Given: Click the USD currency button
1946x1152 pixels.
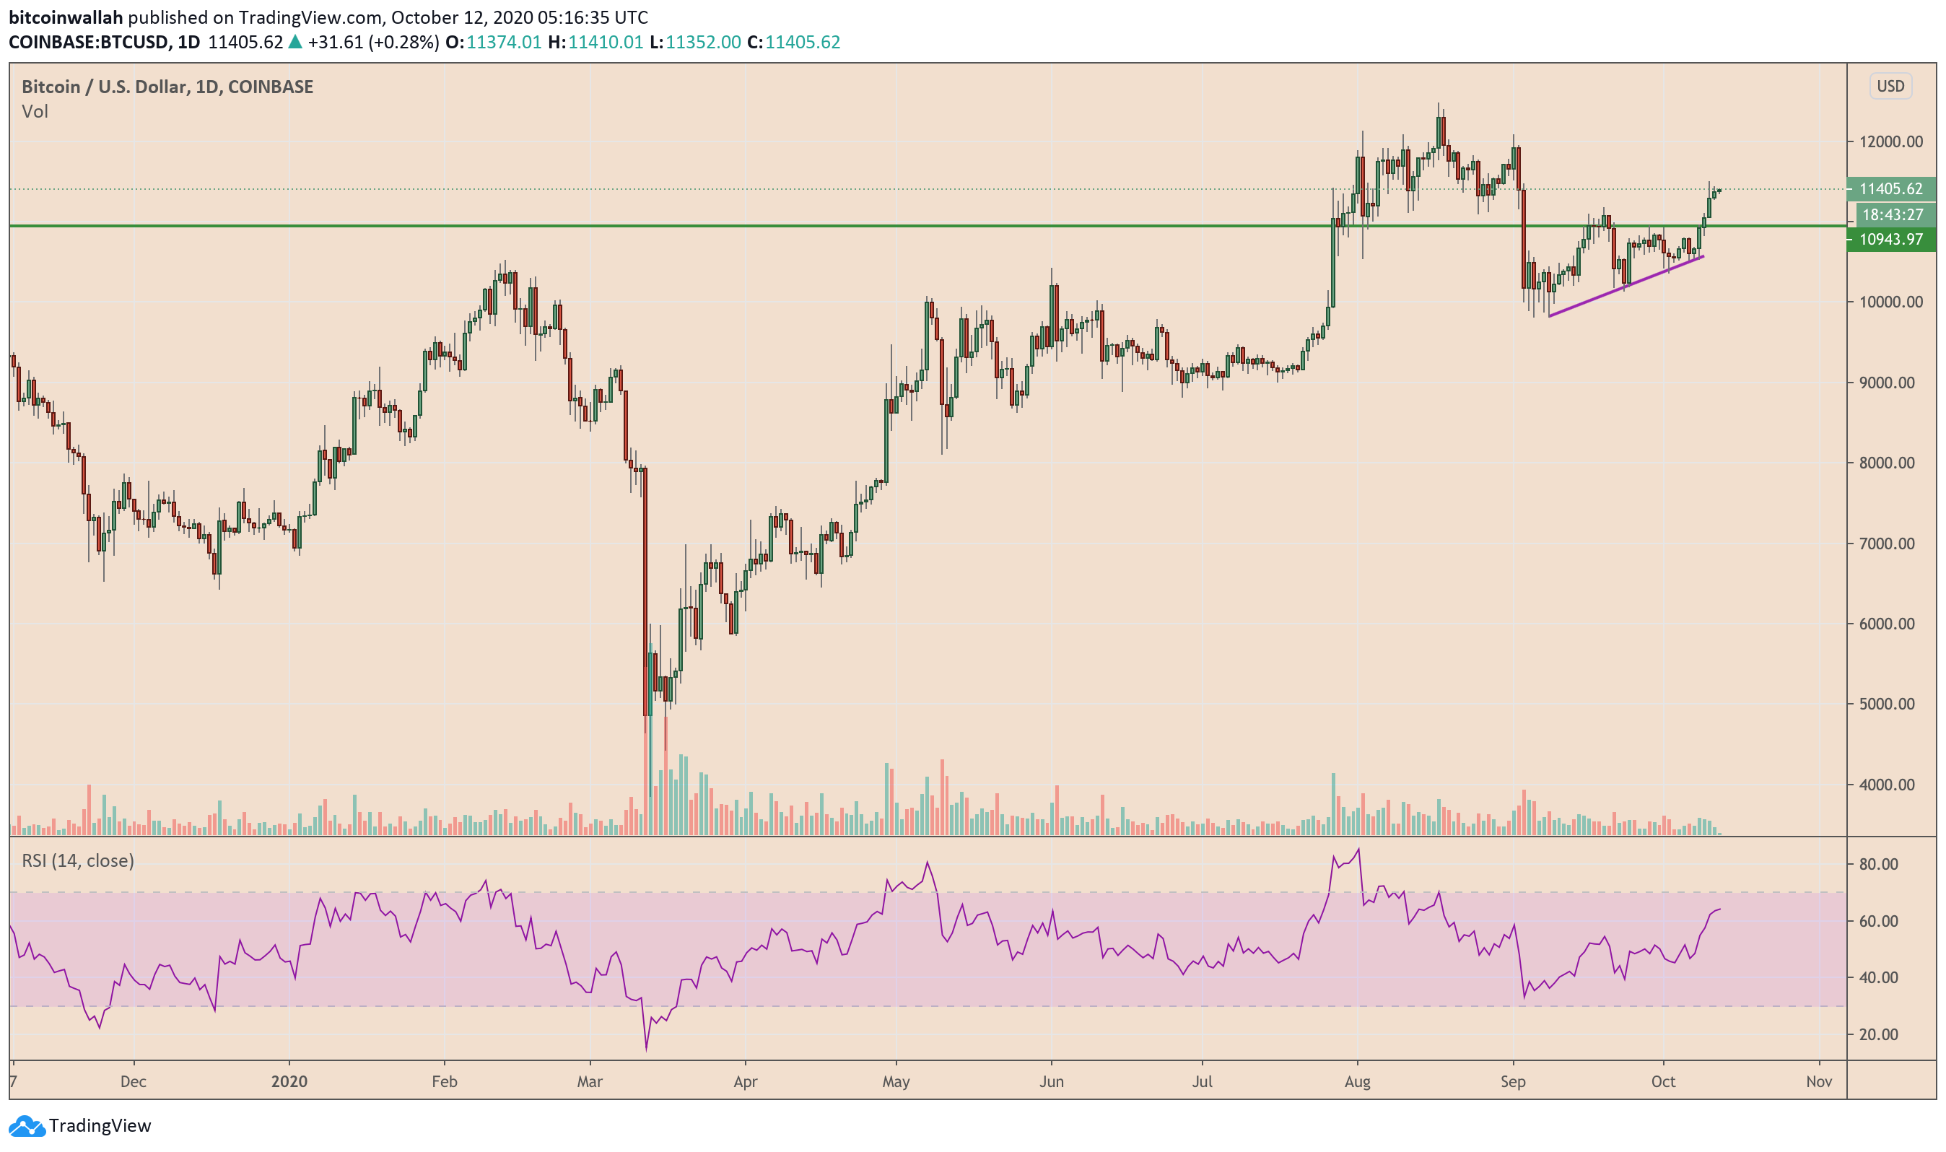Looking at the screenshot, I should [1890, 86].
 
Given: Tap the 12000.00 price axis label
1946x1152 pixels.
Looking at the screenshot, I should [1890, 142].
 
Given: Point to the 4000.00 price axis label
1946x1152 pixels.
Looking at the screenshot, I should [1890, 785].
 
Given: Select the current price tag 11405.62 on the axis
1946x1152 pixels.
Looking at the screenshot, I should [1890, 188].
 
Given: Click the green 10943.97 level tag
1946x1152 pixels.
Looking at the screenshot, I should [1890, 239].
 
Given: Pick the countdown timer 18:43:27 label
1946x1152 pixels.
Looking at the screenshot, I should [1892, 215].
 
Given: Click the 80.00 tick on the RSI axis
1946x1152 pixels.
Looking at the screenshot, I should [1877, 865].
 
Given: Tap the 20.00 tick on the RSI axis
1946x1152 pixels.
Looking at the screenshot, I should [1877, 1035].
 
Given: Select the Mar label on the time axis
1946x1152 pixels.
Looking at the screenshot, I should [590, 1081].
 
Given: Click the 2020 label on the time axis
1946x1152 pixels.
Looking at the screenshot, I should [289, 1081].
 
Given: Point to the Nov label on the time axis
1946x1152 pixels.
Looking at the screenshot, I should [1818, 1081].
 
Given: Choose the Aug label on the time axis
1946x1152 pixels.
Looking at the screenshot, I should [1357, 1081].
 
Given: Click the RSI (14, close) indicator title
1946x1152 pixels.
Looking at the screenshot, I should [78, 861].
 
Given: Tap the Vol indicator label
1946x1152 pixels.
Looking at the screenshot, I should [35, 112].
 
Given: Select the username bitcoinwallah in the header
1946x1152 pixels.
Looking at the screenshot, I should [65, 17].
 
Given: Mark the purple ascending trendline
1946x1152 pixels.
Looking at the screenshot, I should [1626, 287].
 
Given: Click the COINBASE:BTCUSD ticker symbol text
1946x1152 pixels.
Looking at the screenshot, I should [89, 42].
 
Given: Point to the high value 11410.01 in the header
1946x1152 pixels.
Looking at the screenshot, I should [606, 42].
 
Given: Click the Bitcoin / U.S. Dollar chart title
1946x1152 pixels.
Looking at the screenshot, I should [167, 87].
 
